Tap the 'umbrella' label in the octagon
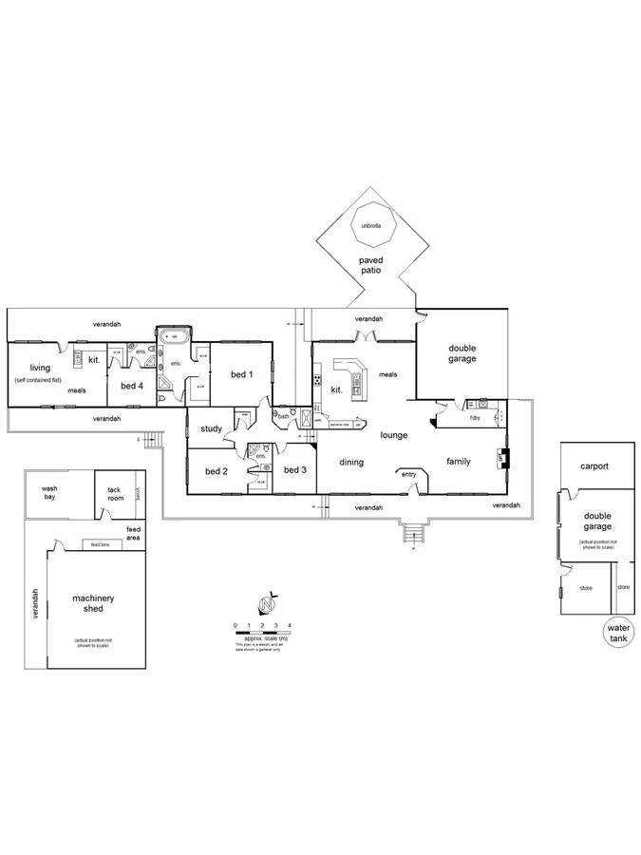(x=369, y=226)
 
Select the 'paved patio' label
(x=369, y=264)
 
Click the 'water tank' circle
(x=618, y=634)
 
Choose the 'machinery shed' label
(x=93, y=603)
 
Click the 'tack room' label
(x=116, y=494)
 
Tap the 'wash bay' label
(x=49, y=494)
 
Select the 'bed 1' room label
(x=242, y=374)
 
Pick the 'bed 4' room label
(x=131, y=386)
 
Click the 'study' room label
(x=211, y=429)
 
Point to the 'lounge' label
(x=394, y=436)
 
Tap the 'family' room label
(x=459, y=462)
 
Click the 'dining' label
(x=352, y=462)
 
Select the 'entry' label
(x=409, y=474)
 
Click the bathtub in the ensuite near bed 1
(x=175, y=335)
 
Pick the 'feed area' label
(x=133, y=533)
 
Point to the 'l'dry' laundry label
(x=475, y=417)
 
